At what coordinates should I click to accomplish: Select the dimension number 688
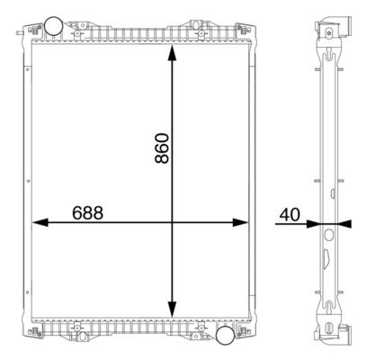point(87,213)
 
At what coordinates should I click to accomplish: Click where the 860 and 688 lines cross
point(172,223)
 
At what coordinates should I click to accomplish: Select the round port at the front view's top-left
point(53,24)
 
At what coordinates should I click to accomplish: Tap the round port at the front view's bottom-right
point(227,336)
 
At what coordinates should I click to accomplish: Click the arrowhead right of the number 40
point(314,223)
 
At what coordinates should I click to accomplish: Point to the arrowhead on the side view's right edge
point(344,223)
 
